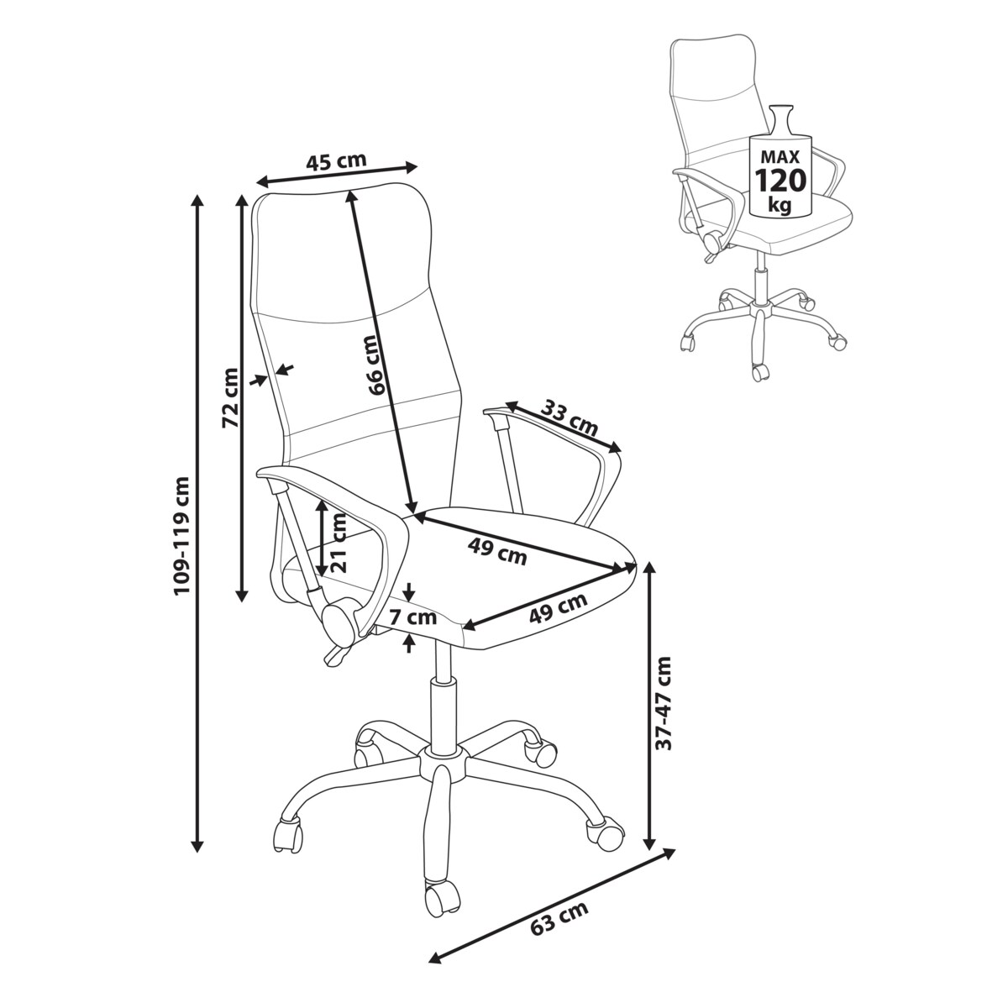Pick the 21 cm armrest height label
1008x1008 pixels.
pyautogui.click(x=339, y=542)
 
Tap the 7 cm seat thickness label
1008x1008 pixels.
pyautogui.click(x=412, y=617)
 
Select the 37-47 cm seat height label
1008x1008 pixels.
pyautogui.click(x=664, y=701)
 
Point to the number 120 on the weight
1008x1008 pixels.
pyautogui.click(x=780, y=180)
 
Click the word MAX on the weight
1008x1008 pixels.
pyautogui.click(x=780, y=156)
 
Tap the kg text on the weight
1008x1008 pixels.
pyautogui.click(x=780, y=204)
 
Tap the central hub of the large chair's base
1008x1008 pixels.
pyautogui.click(x=443, y=767)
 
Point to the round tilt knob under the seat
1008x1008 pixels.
pyautogui.click(x=341, y=622)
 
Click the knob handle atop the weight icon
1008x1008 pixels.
pyautogui.click(x=781, y=118)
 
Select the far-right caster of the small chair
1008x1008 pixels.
pyautogui.click(x=837, y=341)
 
